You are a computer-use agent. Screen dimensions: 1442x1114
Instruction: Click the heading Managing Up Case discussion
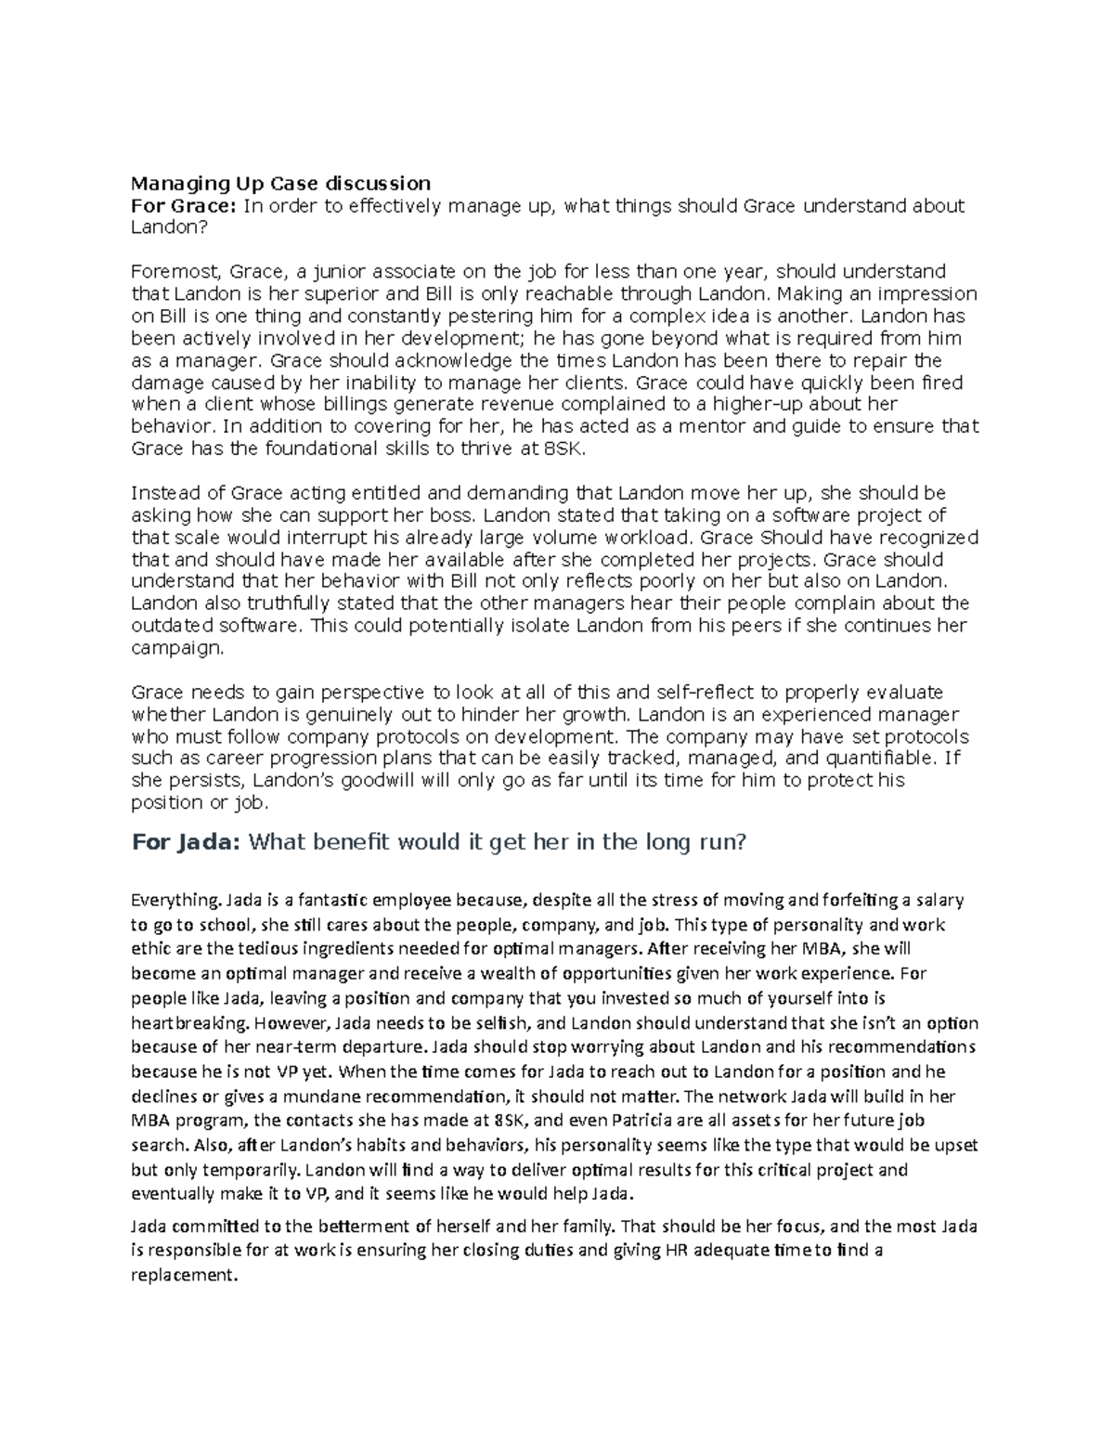280,182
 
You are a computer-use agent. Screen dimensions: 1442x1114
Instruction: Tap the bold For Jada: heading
188,843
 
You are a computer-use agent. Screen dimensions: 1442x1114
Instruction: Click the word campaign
176,648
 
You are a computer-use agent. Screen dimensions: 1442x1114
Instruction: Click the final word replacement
184,1275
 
